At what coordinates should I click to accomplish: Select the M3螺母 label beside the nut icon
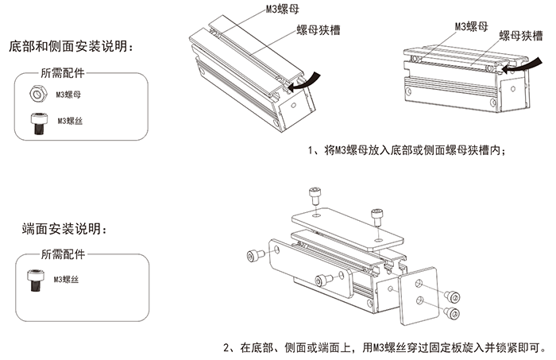click(69, 95)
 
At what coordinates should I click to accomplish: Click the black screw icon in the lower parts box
click(35, 281)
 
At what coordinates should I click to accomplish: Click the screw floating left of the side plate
click(256, 254)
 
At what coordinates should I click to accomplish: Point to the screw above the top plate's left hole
click(315, 194)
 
